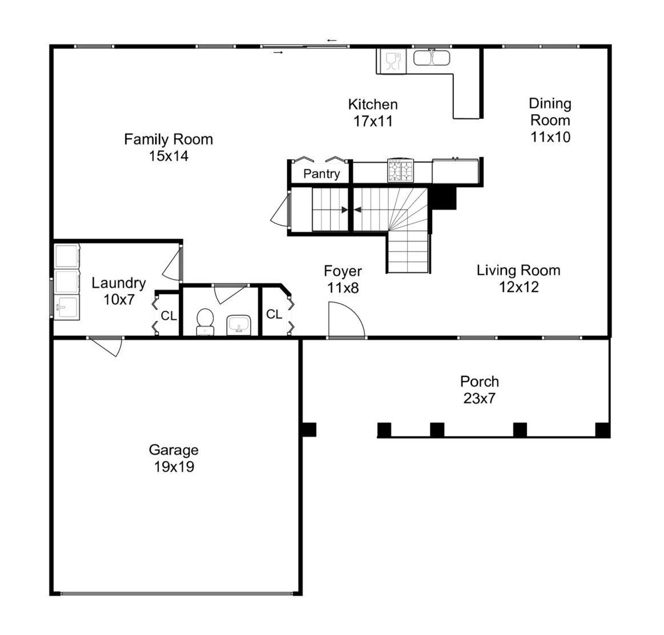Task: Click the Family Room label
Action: click(x=168, y=139)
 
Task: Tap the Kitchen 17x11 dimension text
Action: click(x=373, y=121)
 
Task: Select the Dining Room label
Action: click(x=550, y=112)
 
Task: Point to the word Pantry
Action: click(x=321, y=174)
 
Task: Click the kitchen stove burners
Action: click(x=401, y=170)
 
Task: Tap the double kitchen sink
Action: click(x=432, y=58)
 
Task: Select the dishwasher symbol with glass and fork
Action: click(x=393, y=61)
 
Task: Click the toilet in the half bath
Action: click(x=206, y=321)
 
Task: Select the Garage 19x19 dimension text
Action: click(x=174, y=467)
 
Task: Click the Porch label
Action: click(x=480, y=381)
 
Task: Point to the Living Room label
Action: click(x=518, y=270)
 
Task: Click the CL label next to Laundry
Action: click(x=168, y=316)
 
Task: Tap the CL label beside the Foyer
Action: click(x=275, y=314)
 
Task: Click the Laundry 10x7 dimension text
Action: click(x=119, y=299)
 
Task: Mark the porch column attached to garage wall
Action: click(x=309, y=429)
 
